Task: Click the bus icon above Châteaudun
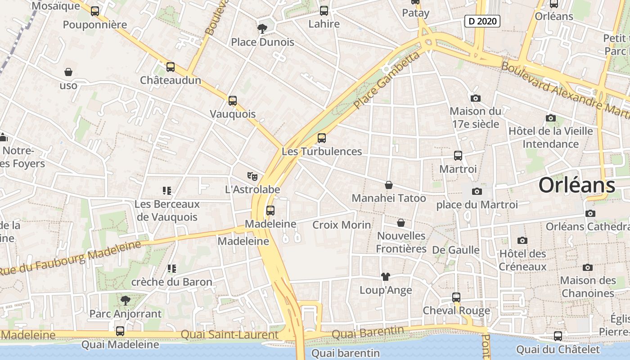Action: pos(170,67)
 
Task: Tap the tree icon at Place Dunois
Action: pos(262,29)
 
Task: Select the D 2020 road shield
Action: pos(482,21)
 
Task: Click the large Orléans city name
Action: pos(576,185)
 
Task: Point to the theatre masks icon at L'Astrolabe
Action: pos(252,176)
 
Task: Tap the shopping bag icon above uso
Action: pos(68,72)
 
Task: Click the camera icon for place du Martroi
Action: pos(477,192)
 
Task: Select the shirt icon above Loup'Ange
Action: pos(385,277)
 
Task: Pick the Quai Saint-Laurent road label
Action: pos(229,335)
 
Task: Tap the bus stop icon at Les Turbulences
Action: pos(321,138)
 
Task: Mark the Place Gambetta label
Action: pos(387,81)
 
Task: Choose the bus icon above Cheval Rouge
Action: pos(456,297)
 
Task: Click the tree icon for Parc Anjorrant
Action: pos(125,300)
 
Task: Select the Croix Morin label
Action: pos(342,225)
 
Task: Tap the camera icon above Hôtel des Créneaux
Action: pos(522,240)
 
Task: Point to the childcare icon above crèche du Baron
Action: pos(171,269)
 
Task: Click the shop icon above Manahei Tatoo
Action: pos(388,185)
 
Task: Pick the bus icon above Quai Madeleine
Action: pos(120,331)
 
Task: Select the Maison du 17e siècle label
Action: pos(475,117)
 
